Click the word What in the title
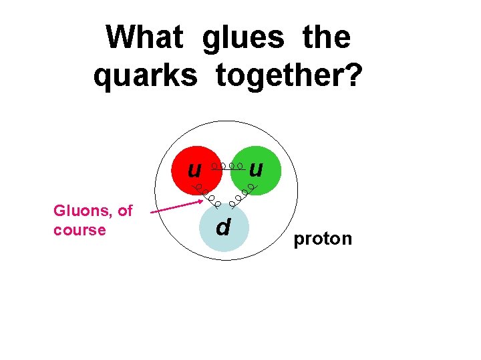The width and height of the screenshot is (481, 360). [144, 37]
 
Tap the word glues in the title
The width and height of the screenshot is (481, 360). [243, 37]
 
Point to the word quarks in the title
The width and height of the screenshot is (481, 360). [145, 76]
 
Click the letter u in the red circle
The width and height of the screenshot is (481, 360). [194, 169]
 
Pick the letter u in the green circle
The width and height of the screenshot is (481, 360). [255, 169]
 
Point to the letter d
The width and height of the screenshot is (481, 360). [223, 227]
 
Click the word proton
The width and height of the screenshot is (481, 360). [323, 239]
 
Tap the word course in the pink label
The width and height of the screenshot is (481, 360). [79, 230]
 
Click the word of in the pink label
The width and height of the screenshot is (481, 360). [125, 211]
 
